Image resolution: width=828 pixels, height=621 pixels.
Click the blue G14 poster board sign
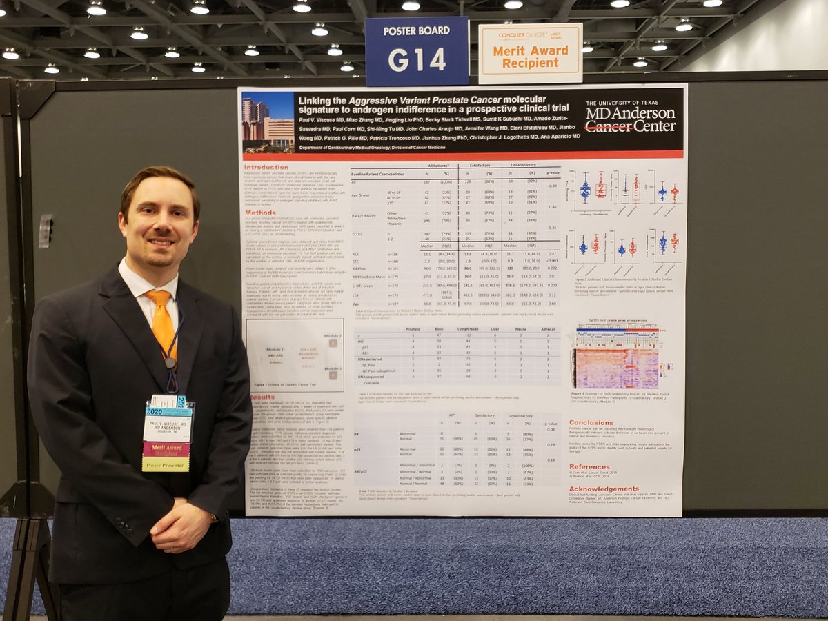tap(416, 52)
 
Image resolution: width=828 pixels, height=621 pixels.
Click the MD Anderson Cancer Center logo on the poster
tap(630, 117)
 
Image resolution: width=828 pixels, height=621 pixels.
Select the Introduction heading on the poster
tap(266, 167)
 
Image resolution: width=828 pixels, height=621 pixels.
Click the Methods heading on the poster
tap(260, 213)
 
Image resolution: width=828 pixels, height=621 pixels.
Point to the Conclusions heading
tap(591, 422)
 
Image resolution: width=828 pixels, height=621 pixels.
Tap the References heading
tap(589, 466)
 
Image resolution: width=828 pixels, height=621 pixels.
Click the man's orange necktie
tap(162, 322)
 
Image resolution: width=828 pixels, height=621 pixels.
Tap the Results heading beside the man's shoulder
tap(262, 397)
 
